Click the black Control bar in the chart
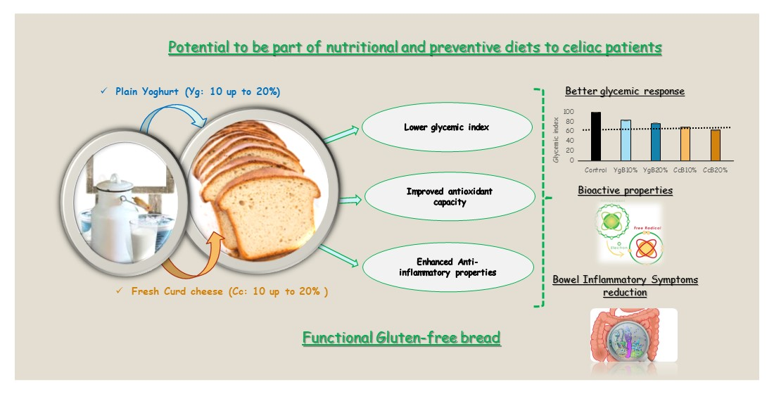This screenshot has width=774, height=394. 596,136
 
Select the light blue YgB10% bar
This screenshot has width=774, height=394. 626,141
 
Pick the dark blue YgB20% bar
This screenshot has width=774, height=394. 655,142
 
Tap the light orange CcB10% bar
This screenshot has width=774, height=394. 685,144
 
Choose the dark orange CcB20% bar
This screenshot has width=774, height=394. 715,146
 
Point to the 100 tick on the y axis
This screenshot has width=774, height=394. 569,113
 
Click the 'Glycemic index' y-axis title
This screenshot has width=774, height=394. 556,137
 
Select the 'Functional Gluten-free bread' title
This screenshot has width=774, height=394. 401,338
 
